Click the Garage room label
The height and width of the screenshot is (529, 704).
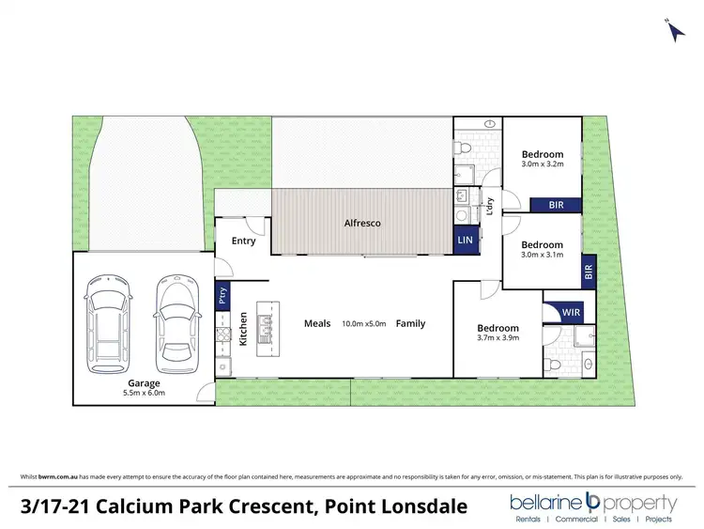tap(145, 383)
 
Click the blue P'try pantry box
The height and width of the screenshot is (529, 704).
tap(222, 296)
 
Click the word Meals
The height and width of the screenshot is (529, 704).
tap(317, 323)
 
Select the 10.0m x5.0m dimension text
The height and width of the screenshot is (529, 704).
tap(362, 323)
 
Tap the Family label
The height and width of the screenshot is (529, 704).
tap(409, 323)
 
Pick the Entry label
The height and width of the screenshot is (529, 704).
tap(243, 241)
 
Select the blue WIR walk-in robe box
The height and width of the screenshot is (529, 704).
tap(570, 312)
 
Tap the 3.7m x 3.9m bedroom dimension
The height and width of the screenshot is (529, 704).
tap(497, 338)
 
